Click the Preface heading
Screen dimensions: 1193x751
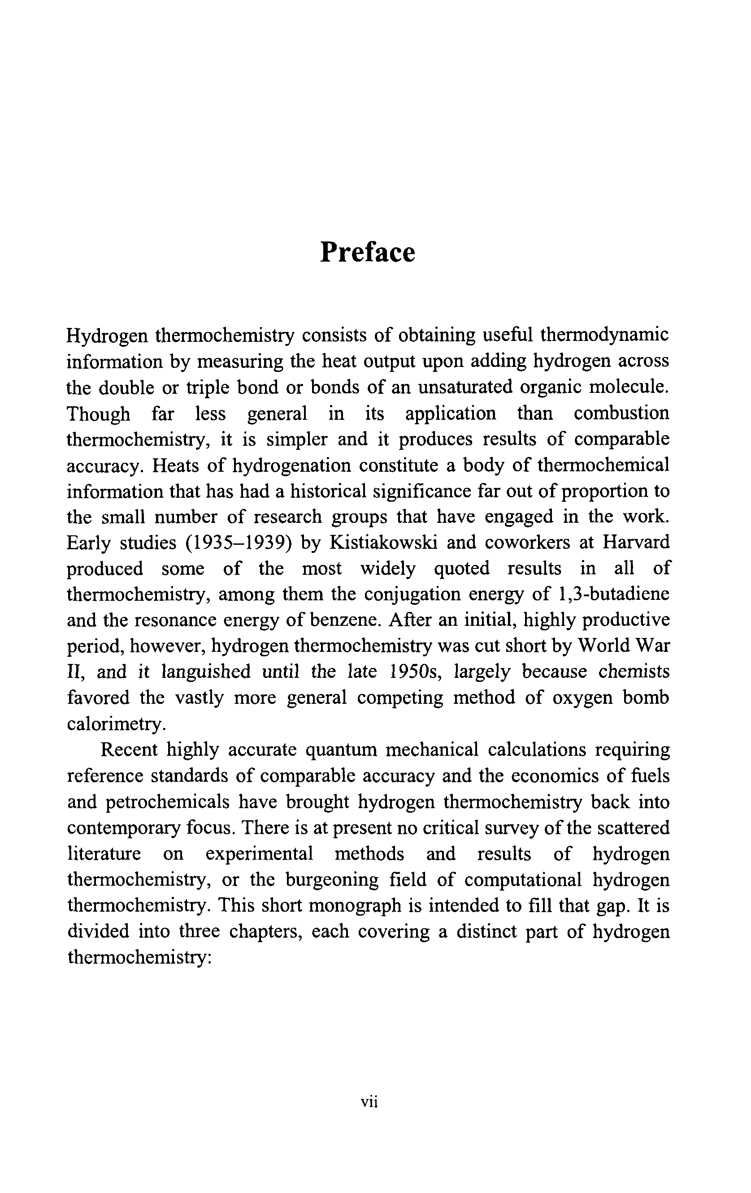[367, 253]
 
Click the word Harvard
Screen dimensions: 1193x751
[635, 543]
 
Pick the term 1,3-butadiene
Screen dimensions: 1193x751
[613, 594]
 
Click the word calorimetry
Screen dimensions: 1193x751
[115, 724]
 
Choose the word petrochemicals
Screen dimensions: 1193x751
[168, 802]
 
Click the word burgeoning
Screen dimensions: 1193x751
[335, 879]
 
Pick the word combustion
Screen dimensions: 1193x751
[621, 413]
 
